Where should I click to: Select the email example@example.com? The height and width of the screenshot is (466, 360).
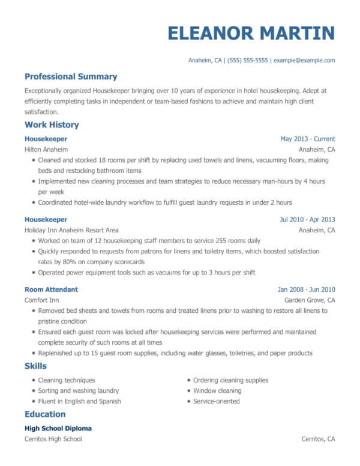pos(304,61)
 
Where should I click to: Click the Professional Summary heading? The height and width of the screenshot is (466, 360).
pos(71,77)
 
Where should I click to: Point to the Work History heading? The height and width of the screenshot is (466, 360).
pos(52,125)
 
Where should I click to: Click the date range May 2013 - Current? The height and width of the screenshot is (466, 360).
pos(307,139)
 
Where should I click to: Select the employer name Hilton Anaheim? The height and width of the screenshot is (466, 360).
pos(46,149)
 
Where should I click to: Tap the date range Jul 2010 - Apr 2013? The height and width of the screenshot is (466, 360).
pos(307,220)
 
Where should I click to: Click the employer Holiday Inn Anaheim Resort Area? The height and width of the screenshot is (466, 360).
pos(71,230)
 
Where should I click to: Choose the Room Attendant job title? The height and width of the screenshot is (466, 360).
pos(51,289)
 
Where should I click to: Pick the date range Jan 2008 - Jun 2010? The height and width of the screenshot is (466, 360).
pos(306,289)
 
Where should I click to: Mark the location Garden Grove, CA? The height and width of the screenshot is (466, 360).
pos(310,300)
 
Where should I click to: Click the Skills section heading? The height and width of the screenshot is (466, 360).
pos(35,366)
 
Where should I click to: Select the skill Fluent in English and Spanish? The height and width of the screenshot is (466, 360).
pos(79,401)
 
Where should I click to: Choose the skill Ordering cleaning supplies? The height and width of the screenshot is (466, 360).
pos(230,380)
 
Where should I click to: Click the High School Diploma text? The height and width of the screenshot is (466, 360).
pos(58,429)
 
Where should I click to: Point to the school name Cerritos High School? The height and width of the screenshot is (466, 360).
pos(53,439)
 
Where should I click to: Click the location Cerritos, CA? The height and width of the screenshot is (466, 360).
pos(318,439)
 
